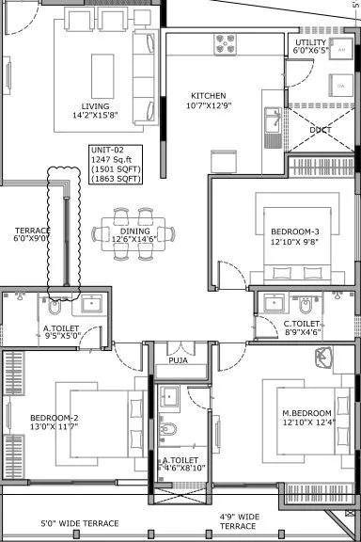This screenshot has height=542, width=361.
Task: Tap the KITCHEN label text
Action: tap(208, 96)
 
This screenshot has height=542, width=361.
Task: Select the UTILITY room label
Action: tap(311, 43)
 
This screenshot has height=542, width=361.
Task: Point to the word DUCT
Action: tap(320, 129)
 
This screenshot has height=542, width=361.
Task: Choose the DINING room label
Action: tap(135, 232)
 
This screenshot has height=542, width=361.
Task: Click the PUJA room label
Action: tap(178, 359)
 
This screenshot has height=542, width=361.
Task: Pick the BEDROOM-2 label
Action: tap(53, 417)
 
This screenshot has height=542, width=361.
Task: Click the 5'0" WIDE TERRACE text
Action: tap(80, 523)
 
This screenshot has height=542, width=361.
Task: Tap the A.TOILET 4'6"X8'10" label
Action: tap(179, 466)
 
